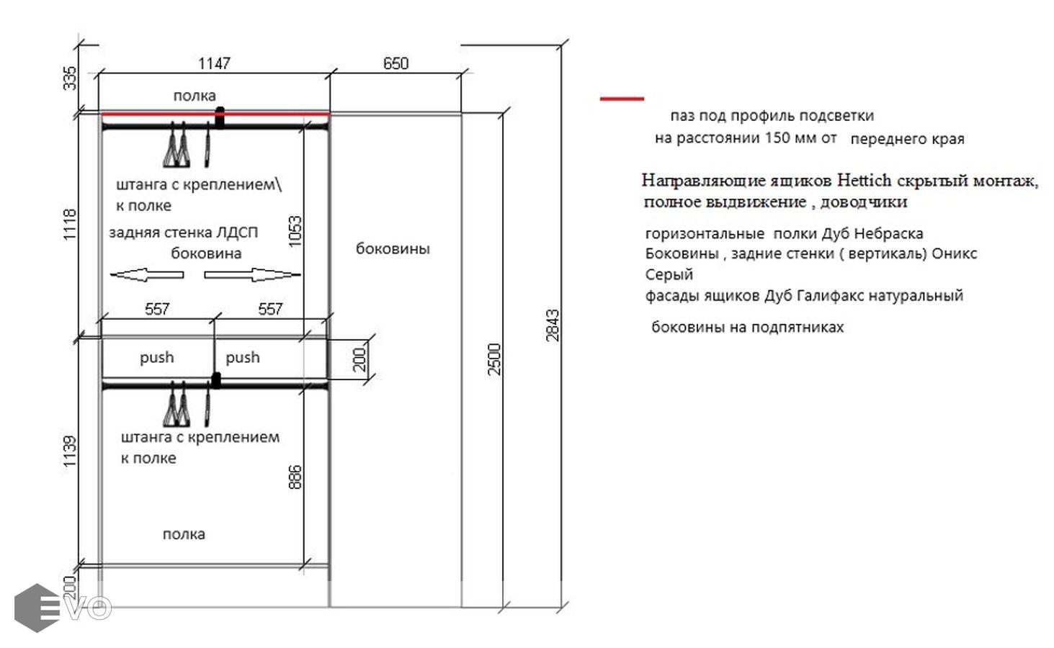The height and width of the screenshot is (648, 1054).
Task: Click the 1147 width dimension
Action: tap(214, 63)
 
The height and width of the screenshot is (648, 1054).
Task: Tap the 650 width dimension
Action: tap(396, 63)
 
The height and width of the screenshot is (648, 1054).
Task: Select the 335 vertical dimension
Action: tap(70, 78)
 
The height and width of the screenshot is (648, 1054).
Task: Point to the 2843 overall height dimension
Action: tap(553, 325)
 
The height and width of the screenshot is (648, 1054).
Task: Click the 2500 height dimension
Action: tap(494, 359)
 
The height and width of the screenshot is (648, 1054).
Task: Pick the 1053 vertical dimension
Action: tap(295, 231)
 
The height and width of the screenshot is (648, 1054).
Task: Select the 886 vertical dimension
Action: tap(295, 477)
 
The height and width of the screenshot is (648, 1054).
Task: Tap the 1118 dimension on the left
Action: tap(70, 225)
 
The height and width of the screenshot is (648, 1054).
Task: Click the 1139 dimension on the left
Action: tap(70, 451)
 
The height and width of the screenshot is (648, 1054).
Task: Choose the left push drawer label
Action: tap(156, 358)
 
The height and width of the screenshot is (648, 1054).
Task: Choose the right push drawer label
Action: tap(243, 358)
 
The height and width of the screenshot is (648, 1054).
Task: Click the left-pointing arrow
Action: tap(147, 275)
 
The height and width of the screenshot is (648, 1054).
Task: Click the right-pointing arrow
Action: tap(253, 275)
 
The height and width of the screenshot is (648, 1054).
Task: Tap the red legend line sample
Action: tap(622, 99)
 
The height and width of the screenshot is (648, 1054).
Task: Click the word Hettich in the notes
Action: tap(865, 180)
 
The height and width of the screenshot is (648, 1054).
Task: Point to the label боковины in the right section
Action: tap(393, 248)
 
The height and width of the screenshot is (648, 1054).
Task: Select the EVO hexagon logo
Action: tap(37, 608)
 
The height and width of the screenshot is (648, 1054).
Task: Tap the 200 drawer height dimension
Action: tap(359, 360)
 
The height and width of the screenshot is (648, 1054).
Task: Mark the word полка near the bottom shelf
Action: tap(184, 534)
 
